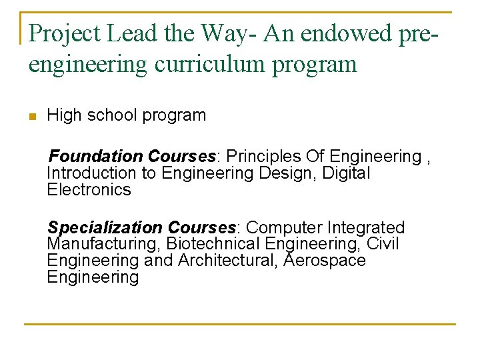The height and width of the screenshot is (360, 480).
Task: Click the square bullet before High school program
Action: pos(31,117)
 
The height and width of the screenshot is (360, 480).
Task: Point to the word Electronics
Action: pos(89,190)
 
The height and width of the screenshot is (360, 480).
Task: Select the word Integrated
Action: pos(366,228)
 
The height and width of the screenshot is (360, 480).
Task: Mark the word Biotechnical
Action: pos(213,245)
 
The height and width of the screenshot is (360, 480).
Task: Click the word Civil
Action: pos(382,245)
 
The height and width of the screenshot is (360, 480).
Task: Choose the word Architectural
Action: pos(226,261)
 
